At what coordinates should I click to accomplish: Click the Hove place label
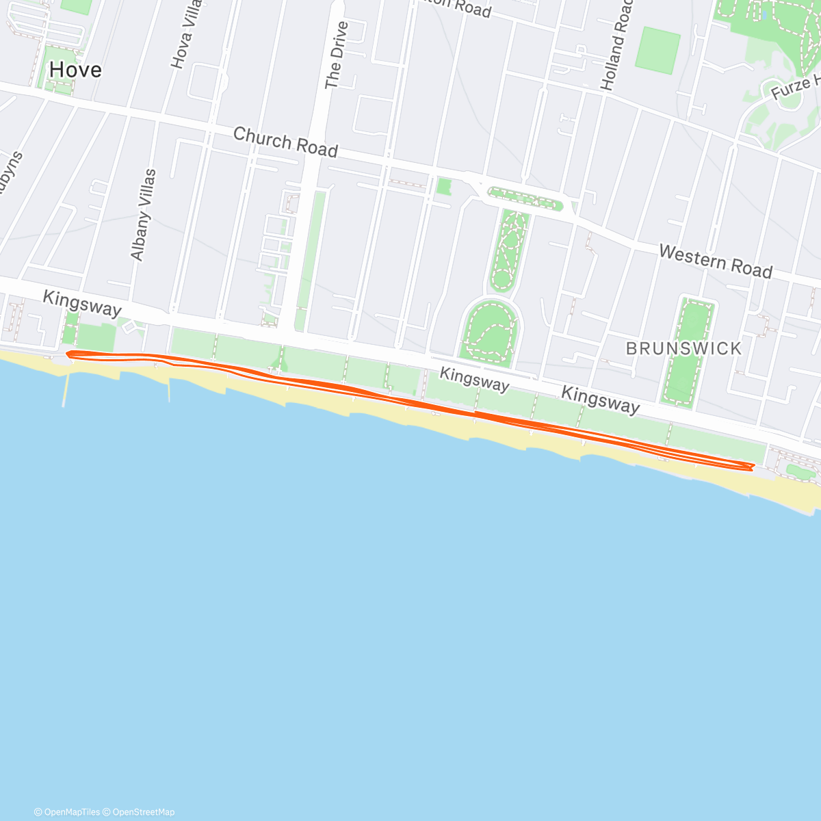75,70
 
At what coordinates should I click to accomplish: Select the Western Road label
715,261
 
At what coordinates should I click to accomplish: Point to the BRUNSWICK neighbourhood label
683,348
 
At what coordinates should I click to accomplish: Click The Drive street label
336,55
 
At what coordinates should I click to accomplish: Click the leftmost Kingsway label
81,303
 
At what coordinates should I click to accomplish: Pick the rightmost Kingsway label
600,400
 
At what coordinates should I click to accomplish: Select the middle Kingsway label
474,379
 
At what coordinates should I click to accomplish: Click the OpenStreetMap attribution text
143,812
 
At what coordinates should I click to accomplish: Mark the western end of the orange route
68,353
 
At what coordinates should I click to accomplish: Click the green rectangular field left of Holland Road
657,51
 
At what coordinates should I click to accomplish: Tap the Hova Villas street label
185,34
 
